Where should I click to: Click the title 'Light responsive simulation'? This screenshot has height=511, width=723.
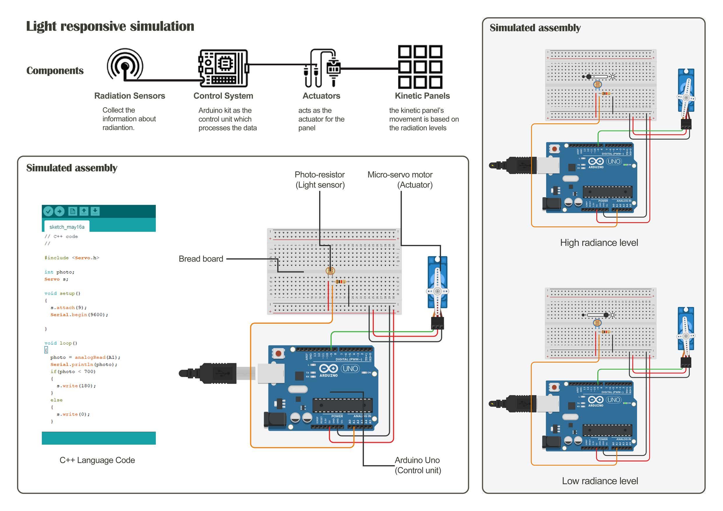tap(110, 26)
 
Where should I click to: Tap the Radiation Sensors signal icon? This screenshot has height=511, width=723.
tap(125, 65)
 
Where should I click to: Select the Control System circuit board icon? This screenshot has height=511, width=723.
tap(223, 68)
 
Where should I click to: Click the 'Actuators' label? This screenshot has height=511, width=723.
tap(321, 96)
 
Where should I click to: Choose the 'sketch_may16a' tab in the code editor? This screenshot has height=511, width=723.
tap(67, 227)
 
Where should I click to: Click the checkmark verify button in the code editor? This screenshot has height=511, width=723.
tap(48, 211)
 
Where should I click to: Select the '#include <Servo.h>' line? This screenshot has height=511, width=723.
tap(72, 258)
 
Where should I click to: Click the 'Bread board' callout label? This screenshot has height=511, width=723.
tap(201, 259)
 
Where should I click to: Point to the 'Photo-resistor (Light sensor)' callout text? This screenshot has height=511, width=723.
tap(320, 180)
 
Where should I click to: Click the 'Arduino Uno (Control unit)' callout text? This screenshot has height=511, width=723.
tap(418, 465)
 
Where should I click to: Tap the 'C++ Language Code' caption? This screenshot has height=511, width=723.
tap(97, 460)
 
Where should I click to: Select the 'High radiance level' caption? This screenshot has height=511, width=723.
tap(599, 242)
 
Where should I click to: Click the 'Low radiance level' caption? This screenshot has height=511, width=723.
tap(600, 481)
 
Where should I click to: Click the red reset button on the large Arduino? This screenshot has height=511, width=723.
tap(278, 354)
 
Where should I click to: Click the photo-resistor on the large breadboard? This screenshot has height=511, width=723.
tap(330, 270)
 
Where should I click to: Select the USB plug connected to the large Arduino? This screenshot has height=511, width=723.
tap(217, 373)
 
